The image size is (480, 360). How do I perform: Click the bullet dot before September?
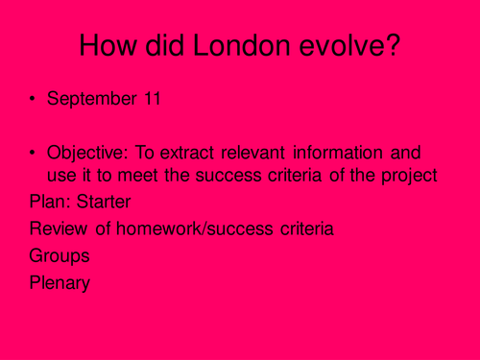pyautogui.click(x=35, y=100)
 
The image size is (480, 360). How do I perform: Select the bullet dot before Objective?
pyautogui.click(x=35, y=153)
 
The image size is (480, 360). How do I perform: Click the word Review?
pyautogui.click(x=56, y=229)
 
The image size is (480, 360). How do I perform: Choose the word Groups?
pyautogui.click(x=60, y=256)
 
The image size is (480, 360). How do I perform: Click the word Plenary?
pyautogui.click(x=60, y=283)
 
